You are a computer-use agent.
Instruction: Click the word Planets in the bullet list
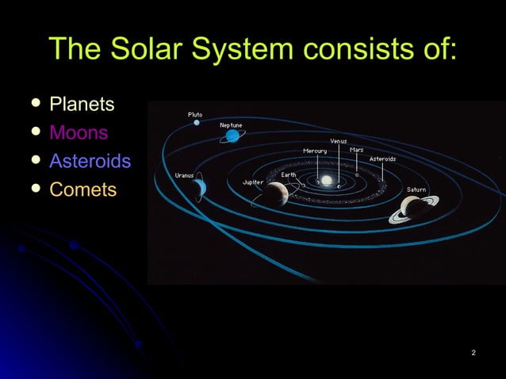[x=82, y=104]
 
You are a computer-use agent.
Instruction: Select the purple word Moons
[x=79, y=132]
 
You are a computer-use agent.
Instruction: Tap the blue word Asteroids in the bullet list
[x=90, y=161]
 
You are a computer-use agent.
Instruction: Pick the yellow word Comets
[x=82, y=189]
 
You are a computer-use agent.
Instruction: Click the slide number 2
[x=473, y=352]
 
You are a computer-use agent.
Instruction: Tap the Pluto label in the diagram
[x=194, y=115]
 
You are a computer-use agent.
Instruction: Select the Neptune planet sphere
[x=232, y=136]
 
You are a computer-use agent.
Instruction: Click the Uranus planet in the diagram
[x=199, y=186]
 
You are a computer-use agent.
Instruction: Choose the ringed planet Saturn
[x=414, y=207]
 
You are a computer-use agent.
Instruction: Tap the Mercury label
[x=315, y=151]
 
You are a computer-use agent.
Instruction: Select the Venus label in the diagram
[x=339, y=141]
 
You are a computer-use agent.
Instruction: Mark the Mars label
[x=357, y=150]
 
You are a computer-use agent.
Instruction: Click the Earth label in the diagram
[x=289, y=174]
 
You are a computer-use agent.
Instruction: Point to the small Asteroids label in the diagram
[x=382, y=159]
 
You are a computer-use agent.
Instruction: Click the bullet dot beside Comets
[x=32, y=189]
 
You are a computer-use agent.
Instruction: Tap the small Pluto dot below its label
[x=197, y=123]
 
